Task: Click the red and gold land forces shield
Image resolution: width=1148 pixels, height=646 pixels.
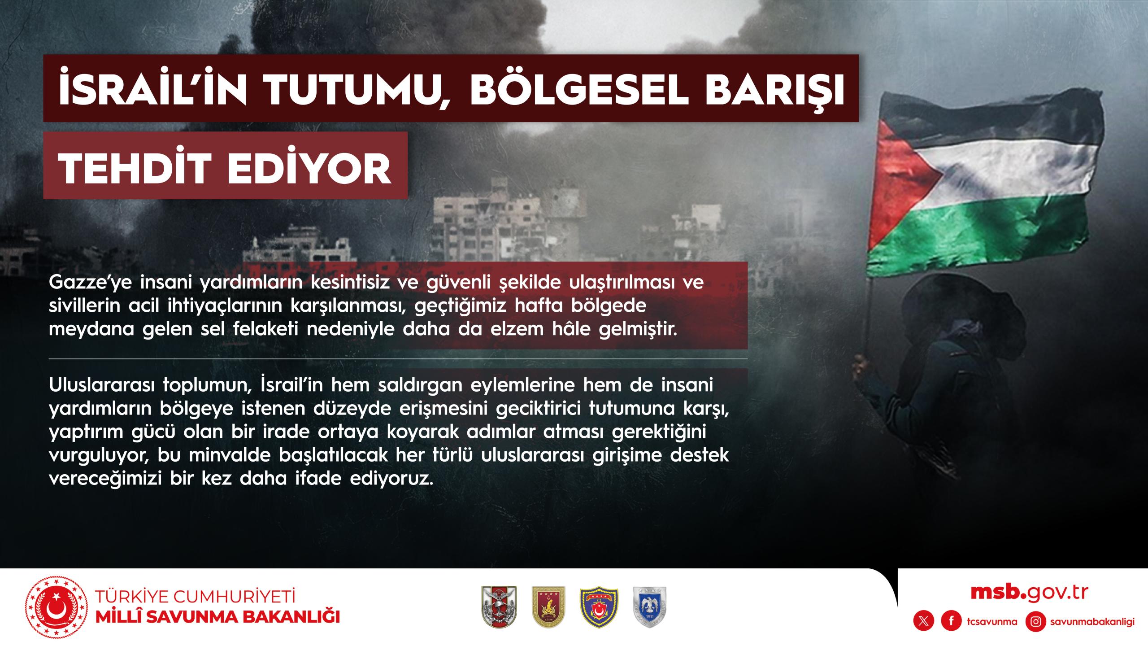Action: [548, 613]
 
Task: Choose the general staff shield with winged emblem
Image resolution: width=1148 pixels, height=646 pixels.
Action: [499, 613]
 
